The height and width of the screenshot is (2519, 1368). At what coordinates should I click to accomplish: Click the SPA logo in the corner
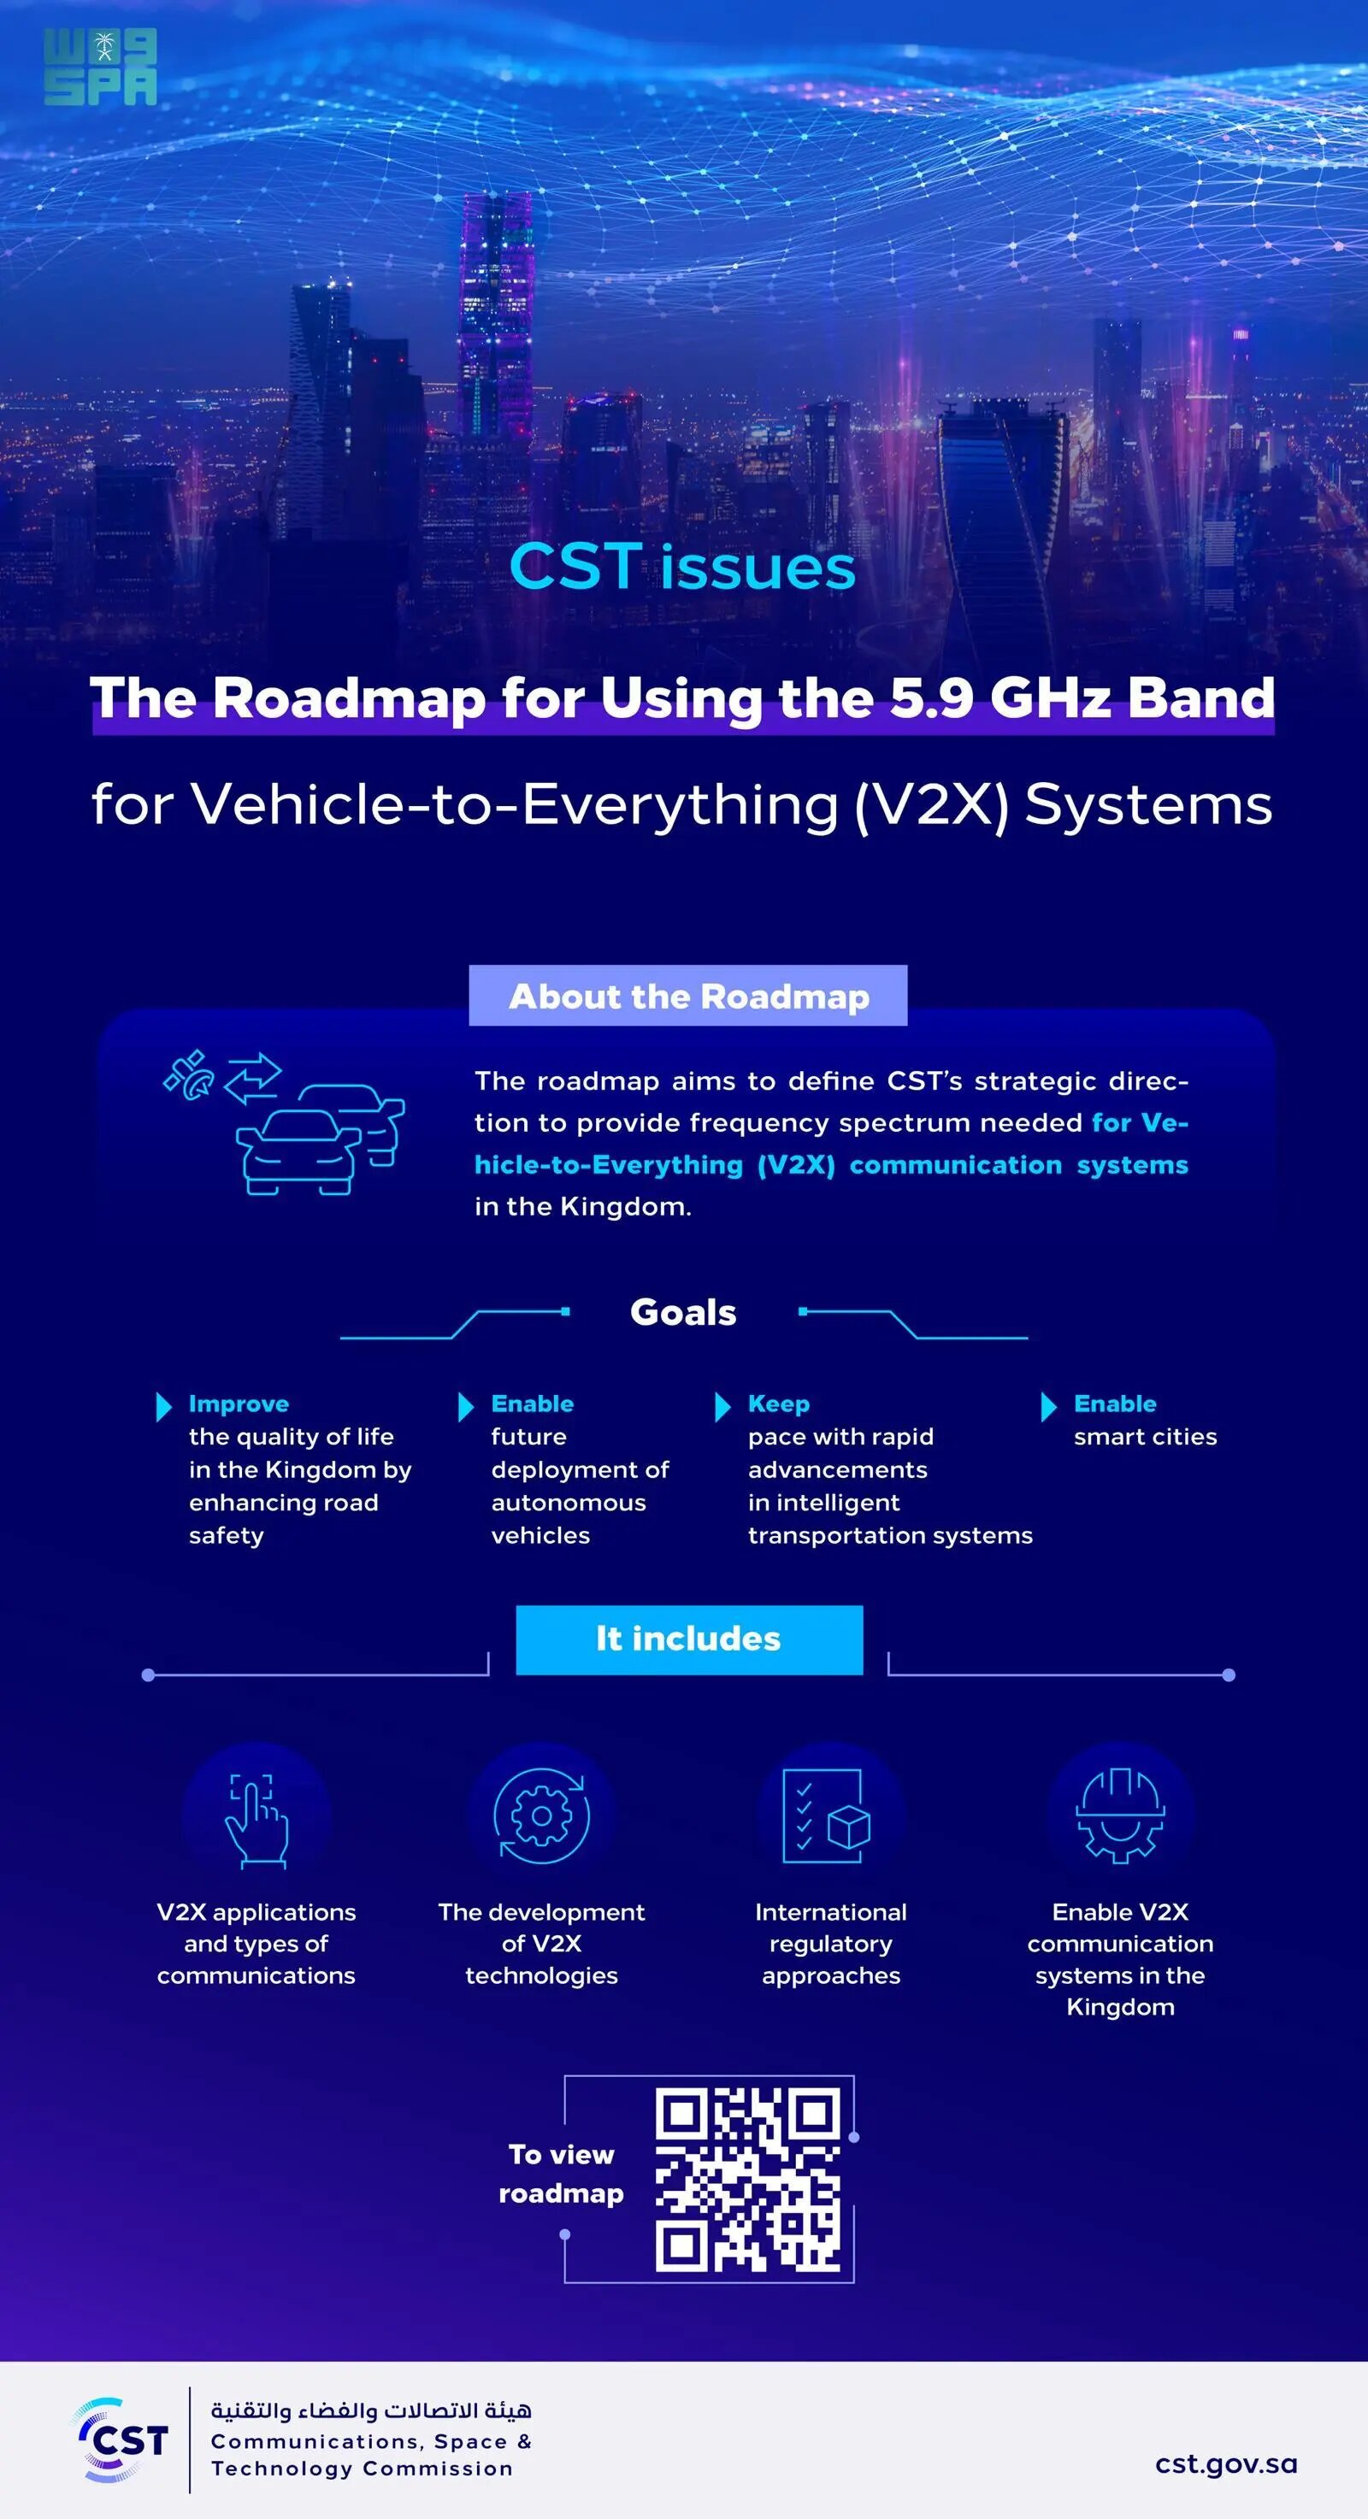100,67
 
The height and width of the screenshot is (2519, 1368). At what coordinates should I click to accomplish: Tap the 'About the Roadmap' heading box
687,996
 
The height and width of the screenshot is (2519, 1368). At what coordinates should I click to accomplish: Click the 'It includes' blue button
689,1639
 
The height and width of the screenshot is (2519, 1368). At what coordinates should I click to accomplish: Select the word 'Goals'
682,1312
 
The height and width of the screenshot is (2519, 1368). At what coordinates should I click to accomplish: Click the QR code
748,2178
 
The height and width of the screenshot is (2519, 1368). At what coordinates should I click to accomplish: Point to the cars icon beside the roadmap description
284,1122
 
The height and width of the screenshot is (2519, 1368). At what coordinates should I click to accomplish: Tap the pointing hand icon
256,1820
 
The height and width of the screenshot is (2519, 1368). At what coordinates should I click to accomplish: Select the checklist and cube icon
828,1816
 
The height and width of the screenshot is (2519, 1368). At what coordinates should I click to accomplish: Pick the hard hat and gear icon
1121,1816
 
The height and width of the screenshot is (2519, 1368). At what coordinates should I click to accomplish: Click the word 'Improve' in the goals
239,1404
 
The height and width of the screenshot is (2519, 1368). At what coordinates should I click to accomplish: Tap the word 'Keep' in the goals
778,1404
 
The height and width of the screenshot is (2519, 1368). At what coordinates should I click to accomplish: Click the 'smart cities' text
1145,1437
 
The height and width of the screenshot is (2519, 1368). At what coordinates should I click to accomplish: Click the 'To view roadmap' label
561,2173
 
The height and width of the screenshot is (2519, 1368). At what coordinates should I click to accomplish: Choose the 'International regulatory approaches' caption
831,1943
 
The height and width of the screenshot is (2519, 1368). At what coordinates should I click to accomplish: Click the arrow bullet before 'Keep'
722,1406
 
